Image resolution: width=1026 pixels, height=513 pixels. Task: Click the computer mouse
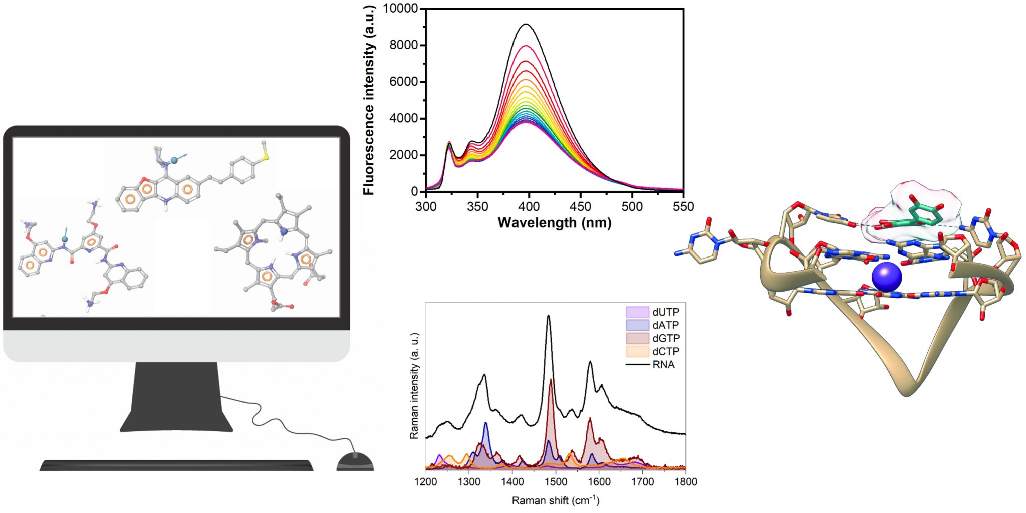pyautogui.click(x=355, y=461)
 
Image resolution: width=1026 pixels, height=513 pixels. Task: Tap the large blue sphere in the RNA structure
pyautogui.click(x=886, y=277)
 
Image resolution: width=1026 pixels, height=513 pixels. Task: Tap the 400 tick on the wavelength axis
pyautogui.click(x=529, y=206)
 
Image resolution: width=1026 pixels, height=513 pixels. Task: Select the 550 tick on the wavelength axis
pyautogui.click(x=683, y=206)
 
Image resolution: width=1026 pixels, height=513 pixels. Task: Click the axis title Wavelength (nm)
pyautogui.click(x=555, y=222)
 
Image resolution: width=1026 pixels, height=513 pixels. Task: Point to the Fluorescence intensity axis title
pyautogui.click(x=369, y=100)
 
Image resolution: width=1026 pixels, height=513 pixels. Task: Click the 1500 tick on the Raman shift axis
pyautogui.click(x=556, y=482)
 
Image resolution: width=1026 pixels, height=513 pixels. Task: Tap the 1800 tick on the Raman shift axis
pyautogui.click(x=685, y=482)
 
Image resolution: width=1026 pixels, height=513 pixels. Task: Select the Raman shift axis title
pyautogui.click(x=555, y=500)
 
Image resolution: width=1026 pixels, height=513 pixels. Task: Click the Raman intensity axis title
pyautogui.click(x=414, y=386)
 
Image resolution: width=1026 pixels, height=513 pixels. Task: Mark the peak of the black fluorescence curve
pyautogui.click(x=527, y=24)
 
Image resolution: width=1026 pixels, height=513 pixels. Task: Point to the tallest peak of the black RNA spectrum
pyautogui.click(x=549, y=316)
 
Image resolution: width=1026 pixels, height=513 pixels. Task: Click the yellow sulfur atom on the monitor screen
pyautogui.click(x=266, y=157)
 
